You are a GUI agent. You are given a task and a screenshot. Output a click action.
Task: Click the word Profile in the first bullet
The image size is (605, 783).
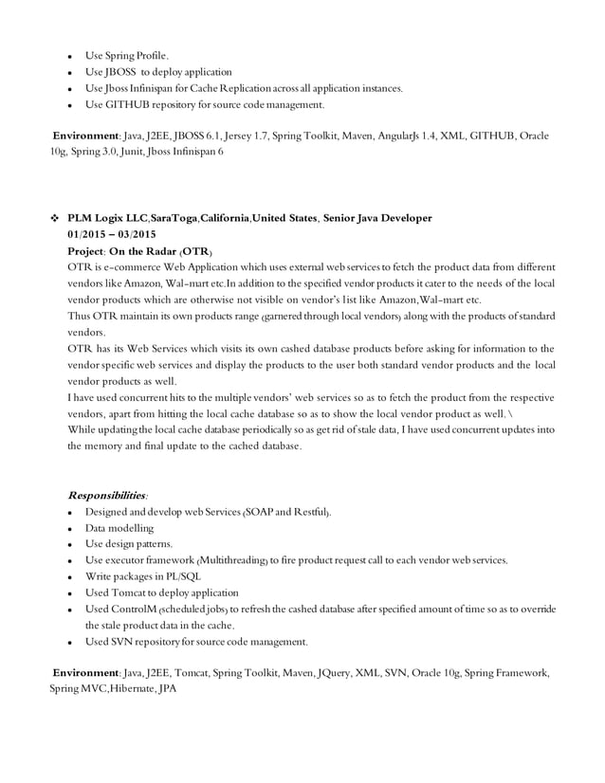(153, 55)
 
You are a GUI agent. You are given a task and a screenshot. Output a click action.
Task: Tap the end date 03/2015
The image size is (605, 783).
(134, 234)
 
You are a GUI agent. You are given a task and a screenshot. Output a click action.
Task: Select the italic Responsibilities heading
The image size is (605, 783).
(108, 495)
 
